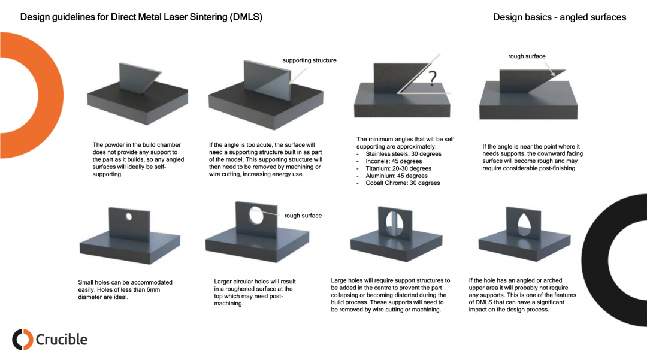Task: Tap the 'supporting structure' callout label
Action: pyautogui.click(x=309, y=60)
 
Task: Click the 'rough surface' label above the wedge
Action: pyautogui.click(x=527, y=56)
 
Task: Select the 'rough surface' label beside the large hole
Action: pyautogui.click(x=303, y=216)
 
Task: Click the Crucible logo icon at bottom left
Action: pyautogui.click(x=22, y=340)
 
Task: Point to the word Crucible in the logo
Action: pyautogui.click(x=62, y=340)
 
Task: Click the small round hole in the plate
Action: pyautogui.click(x=128, y=216)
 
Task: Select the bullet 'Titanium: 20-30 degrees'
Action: pyautogui.click(x=398, y=169)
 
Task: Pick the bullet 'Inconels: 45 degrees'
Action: pyautogui.click(x=394, y=161)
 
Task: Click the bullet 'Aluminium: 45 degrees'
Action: pyautogui.click(x=396, y=176)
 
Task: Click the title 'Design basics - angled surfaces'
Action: pyautogui.click(x=559, y=17)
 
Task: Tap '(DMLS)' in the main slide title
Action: pyautogui.click(x=246, y=17)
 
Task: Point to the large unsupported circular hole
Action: pyautogui.click(x=256, y=214)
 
